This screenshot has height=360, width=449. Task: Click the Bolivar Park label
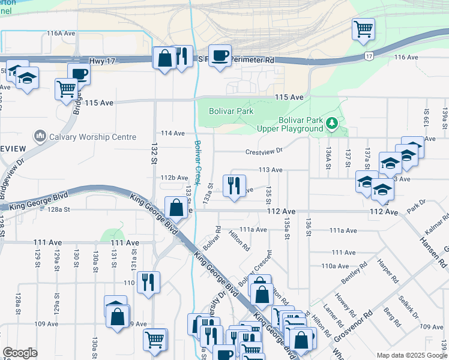point(231,111)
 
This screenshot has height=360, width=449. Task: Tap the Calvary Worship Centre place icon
point(40,137)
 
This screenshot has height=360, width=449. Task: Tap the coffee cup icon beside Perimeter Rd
point(220,55)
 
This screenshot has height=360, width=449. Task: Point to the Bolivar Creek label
point(197,161)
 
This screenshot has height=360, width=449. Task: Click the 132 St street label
point(152,154)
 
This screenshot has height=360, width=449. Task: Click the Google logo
point(20,353)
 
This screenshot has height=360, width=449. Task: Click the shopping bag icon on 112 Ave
point(176,208)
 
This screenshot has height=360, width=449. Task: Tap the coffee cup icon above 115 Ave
point(79,74)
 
